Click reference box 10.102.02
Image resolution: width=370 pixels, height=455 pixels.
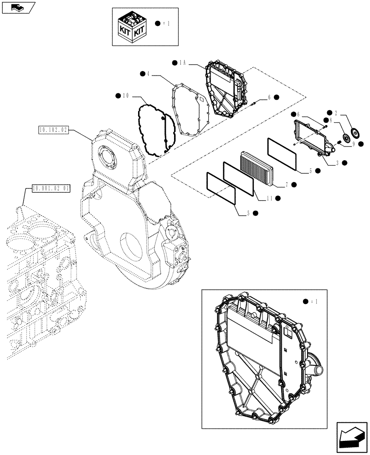(53, 130)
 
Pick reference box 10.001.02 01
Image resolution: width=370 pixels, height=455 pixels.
(51, 187)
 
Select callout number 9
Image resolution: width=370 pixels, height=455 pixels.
(353, 144)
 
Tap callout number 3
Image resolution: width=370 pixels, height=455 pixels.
(336, 162)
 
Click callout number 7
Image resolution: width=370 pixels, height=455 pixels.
(287, 184)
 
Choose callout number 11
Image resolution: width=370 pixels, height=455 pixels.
(269, 198)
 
